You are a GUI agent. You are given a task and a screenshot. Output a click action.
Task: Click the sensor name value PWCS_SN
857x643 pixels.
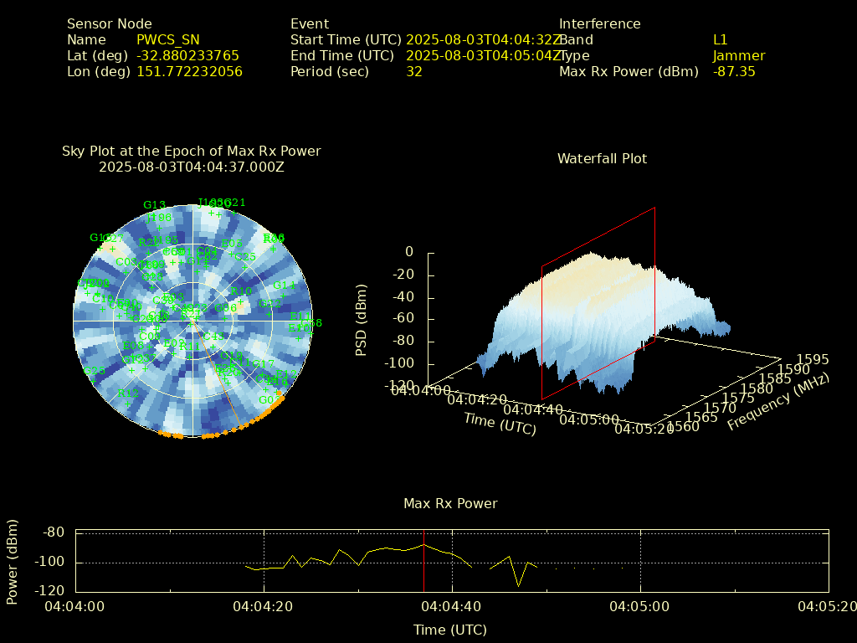168,40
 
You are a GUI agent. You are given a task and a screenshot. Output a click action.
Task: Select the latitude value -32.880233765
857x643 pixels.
187,56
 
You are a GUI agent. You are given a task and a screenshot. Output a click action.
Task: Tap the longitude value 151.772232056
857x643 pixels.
189,72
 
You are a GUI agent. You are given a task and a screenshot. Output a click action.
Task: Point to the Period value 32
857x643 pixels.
414,72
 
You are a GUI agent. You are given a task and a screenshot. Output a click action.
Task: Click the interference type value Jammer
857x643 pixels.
739,56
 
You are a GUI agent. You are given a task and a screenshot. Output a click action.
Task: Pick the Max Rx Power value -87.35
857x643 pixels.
734,72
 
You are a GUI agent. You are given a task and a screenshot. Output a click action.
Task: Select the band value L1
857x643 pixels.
721,40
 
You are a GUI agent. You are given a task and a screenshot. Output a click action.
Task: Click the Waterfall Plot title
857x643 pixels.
602,159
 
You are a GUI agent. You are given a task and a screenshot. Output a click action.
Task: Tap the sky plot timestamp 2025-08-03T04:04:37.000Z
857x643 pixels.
192,167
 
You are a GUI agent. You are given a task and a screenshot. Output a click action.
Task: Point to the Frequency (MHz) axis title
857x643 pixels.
778,402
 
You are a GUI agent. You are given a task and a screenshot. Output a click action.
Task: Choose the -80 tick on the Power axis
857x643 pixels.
54,532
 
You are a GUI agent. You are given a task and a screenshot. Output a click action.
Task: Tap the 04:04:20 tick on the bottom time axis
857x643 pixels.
264,605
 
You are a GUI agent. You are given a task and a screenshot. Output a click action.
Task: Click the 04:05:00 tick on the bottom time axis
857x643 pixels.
640,605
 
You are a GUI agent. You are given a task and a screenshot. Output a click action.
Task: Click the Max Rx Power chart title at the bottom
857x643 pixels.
450,504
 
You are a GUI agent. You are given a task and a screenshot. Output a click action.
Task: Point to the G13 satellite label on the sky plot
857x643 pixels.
154,205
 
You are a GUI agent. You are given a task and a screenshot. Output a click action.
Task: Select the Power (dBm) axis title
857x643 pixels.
13,561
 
